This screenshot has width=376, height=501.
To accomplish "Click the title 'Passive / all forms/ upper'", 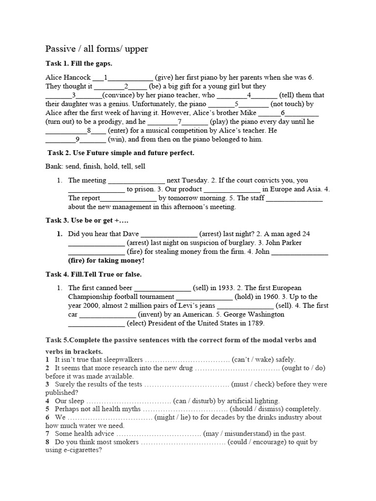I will (x=96, y=49).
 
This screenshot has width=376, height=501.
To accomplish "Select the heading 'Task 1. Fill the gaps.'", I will (x=78, y=64).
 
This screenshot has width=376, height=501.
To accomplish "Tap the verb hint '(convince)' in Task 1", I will (x=118, y=95).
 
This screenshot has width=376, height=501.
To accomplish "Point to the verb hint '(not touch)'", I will (x=288, y=104).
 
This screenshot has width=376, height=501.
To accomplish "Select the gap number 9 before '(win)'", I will (x=77, y=139).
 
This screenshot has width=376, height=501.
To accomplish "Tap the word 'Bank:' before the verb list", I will (x=54, y=167).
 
